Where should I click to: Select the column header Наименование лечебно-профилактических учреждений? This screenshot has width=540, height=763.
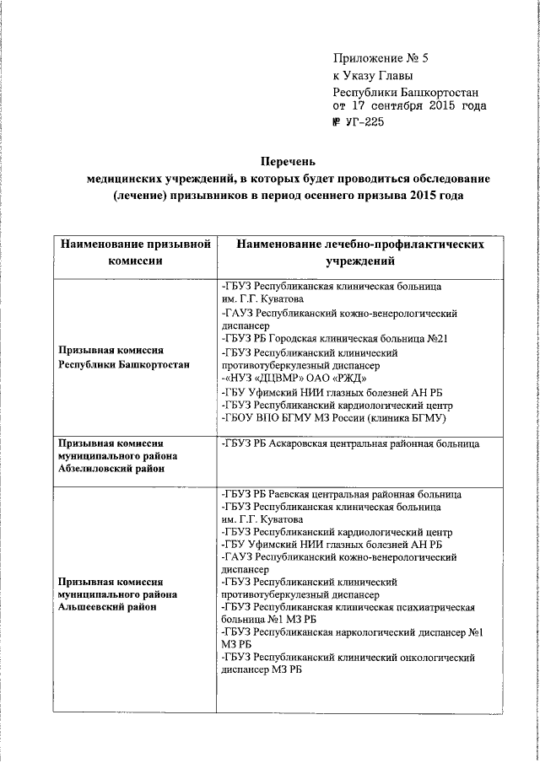[360, 252]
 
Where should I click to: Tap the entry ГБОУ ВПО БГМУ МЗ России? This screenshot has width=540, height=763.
[333, 417]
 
